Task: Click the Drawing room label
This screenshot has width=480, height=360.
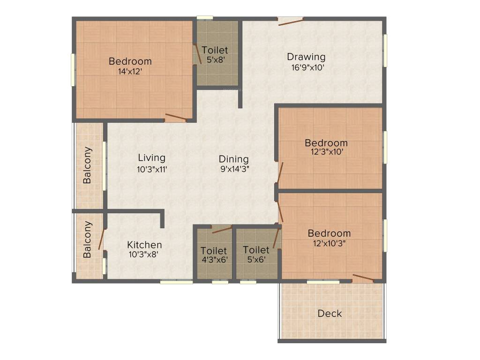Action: point(306,57)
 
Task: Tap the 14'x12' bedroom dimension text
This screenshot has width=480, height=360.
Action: point(130,72)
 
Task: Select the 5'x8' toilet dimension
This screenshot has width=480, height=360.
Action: point(215,60)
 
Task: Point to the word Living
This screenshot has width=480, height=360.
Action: point(151,158)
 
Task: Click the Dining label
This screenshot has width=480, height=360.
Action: point(233,159)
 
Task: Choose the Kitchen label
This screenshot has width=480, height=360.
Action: point(144,245)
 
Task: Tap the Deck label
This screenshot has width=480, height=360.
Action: point(330,314)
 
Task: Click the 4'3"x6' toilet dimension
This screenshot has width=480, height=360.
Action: point(214,260)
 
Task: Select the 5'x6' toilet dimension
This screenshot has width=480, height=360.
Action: point(256,260)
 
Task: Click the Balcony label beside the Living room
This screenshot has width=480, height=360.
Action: point(87,165)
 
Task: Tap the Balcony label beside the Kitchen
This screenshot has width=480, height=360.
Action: point(87,240)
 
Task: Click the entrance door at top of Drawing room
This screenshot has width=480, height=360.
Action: point(290,21)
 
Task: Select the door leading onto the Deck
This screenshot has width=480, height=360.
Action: point(363,277)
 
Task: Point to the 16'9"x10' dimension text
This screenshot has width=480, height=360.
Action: point(307,67)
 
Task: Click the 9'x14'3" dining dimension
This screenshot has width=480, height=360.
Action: point(234,169)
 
